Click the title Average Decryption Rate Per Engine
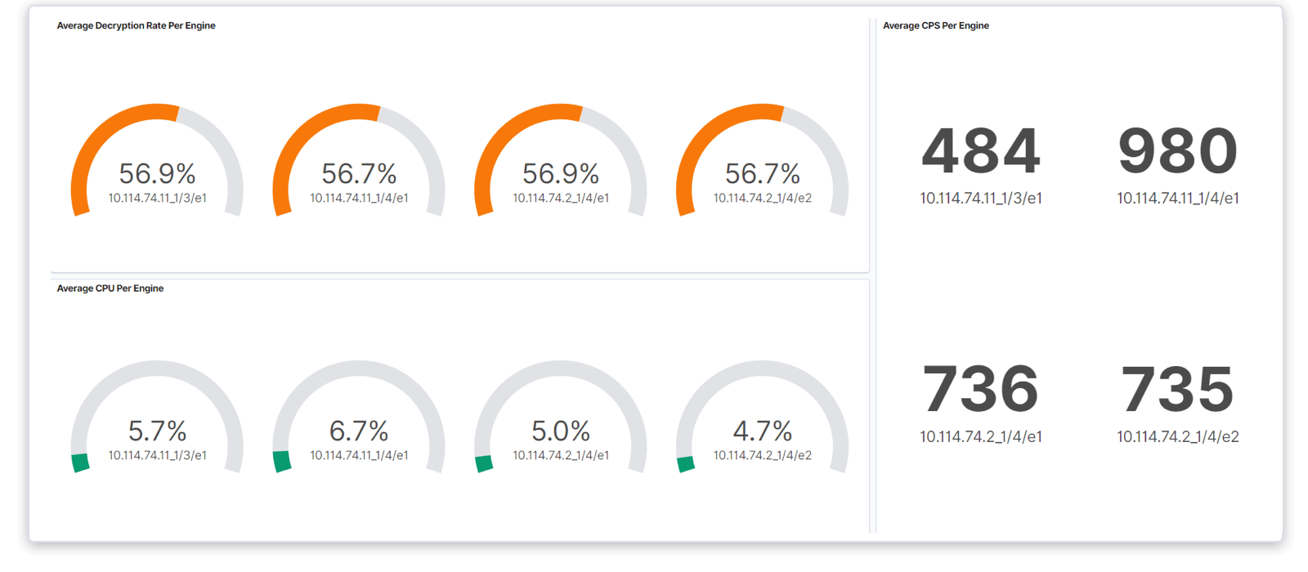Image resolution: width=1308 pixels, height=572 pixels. click(x=136, y=26)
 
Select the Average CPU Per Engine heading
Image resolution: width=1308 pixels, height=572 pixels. click(x=110, y=288)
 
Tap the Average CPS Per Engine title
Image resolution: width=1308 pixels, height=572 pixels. click(x=935, y=26)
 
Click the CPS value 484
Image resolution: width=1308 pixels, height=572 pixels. click(x=980, y=152)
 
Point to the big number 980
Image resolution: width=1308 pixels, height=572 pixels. click(x=1177, y=152)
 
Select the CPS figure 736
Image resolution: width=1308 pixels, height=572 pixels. click(x=980, y=390)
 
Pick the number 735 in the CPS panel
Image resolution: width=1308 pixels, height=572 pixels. click(x=1177, y=390)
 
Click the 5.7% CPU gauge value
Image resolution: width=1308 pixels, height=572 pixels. click(x=157, y=431)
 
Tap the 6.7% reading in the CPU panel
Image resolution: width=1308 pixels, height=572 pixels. click(x=359, y=431)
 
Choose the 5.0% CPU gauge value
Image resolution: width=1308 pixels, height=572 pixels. click(x=561, y=431)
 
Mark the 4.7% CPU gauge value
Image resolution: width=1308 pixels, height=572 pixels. click(x=763, y=431)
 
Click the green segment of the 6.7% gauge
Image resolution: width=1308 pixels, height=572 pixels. click(x=282, y=462)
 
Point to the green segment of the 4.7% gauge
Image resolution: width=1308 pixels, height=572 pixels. click(x=686, y=464)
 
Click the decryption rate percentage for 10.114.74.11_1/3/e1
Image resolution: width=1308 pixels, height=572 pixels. click(x=157, y=173)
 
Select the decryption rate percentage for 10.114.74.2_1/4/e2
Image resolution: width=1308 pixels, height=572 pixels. click(x=763, y=173)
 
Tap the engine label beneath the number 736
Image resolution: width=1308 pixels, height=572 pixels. click(x=980, y=437)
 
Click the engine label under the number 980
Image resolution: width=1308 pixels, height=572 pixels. click(x=1177, y=199)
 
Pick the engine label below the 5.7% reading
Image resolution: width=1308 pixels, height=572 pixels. click(x=157, y=455)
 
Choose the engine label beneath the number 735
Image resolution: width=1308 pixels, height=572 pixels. click(x=1177, y=437)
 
